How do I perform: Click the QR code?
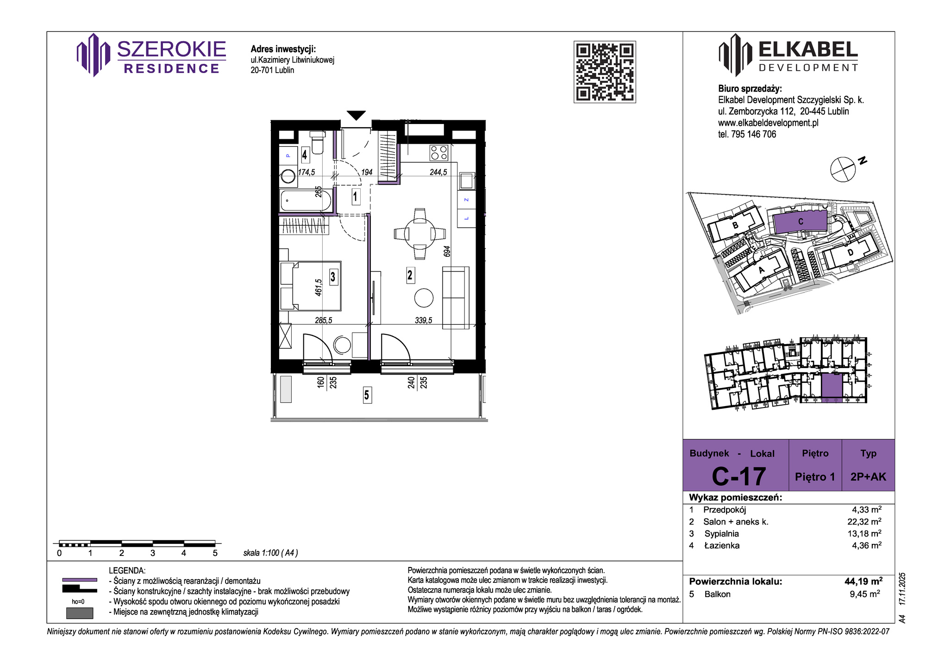[605, 72]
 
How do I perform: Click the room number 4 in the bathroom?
[304, 154]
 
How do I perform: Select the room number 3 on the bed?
[333, 277]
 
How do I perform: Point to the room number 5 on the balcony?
[367, 395]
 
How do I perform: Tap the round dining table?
[420, 234]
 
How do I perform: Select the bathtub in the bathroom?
[306, 201]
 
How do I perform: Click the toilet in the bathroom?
[317, 142]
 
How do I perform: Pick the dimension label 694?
[447, 252]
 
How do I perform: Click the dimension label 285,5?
[323, 320]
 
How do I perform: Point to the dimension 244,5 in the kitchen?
[438, 172]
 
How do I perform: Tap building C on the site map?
[800, 222]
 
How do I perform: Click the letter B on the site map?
[735, 226]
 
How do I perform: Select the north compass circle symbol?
[843, 169]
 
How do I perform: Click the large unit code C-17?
[738, 476]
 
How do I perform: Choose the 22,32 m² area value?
[864, 521]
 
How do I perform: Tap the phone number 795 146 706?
[753, 134]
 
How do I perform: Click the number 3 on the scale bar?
[153, 553]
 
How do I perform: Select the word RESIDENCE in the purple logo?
[172, 68]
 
